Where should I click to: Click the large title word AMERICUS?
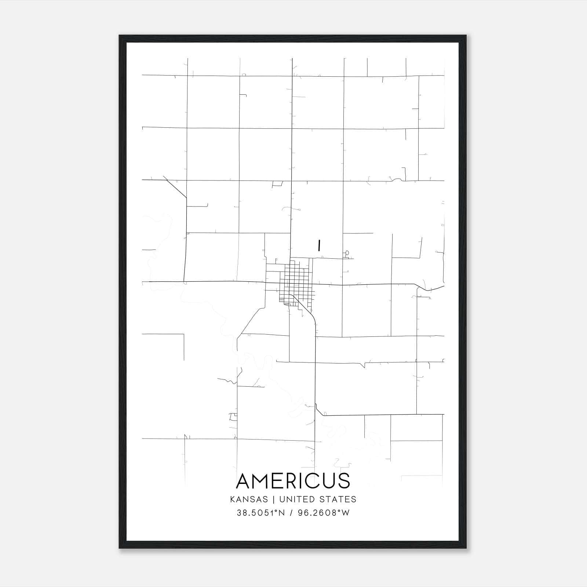(x=293, y=481)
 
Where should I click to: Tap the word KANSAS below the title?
(x=251, y=499)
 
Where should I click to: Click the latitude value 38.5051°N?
(x=261, y=513)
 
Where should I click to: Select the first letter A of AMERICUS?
(x=244, y=481)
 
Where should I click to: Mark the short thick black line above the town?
(x=319, y=246)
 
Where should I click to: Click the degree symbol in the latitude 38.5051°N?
(x=276, y=511)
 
